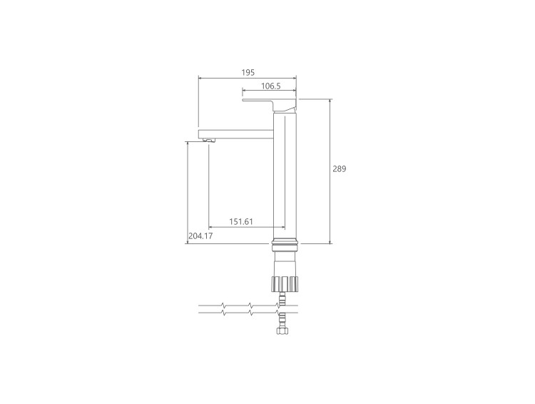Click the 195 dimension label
click(x=248, y=72)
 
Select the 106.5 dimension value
click(x=271, y=86)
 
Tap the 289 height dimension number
click(x=339, y=168)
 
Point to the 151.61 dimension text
click(x=241, y=222)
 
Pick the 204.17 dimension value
click(x=200, y=236)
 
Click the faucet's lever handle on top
click(x=269, y=104)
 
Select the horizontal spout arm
click(x=236, y=134)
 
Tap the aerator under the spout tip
click(x=209, y=141)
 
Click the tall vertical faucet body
click(x=285, y=177)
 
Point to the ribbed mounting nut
click(x=285, y=284)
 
